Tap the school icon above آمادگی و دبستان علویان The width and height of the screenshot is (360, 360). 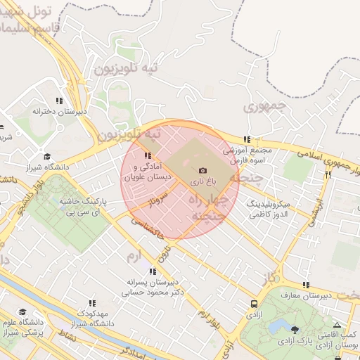click(x=147, y=155)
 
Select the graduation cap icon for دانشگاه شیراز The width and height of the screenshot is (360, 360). click(x=47, y=157)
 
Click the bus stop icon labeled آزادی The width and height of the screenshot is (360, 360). click(x=253, y=304)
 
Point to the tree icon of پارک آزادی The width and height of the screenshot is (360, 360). click(x=294, y=330)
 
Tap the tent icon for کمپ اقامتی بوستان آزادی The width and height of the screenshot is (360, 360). click(x=337, y=325)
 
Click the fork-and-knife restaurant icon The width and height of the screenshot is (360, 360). click(x=328, y=174)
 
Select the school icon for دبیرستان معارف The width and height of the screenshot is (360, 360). click(x=305, y=285)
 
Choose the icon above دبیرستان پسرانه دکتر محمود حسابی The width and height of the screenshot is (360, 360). click(x=153, y=271)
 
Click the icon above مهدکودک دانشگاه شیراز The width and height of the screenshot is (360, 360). click(x=91, y=302)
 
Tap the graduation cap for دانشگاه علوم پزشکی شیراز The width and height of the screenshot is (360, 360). click(x=22, y=312)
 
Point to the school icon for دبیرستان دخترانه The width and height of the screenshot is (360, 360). click(x=59, y=101)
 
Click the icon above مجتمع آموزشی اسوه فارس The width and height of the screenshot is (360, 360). click(x=246, y=140)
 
